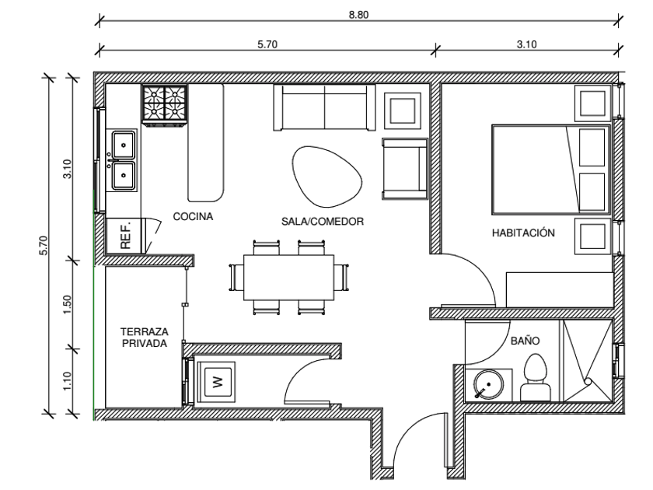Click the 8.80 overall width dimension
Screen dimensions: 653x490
(x=358, y=15)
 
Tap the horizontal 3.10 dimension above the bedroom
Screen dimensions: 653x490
(x=526, y=44)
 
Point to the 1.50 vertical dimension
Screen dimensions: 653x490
(x=68, y=305)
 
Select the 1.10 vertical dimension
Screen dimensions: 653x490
(x=68, y=381)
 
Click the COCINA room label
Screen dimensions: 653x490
(x=193, y=216)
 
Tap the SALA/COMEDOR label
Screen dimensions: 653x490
(x=323, y=221)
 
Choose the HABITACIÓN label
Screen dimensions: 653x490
(x=523, y=233)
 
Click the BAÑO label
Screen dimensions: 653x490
(x=526, y=341)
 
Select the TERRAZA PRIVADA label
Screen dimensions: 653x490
(x=145, y=338)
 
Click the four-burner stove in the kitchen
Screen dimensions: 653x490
(x=165, y=105)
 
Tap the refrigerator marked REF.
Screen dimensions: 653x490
(x=125, y=236)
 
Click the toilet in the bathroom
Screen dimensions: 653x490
(x=535, y=377)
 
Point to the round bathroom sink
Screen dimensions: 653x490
(x=488, y=385)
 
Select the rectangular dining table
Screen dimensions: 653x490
(x=288, y=277)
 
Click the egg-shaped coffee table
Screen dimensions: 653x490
(x=326, y=177)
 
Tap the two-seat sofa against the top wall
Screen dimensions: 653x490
(x=324, y=107)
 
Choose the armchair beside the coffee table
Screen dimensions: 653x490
(x=405, y=169)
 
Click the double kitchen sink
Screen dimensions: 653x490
(x=121, y=160)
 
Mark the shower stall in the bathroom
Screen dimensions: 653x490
(x=588, y=361)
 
